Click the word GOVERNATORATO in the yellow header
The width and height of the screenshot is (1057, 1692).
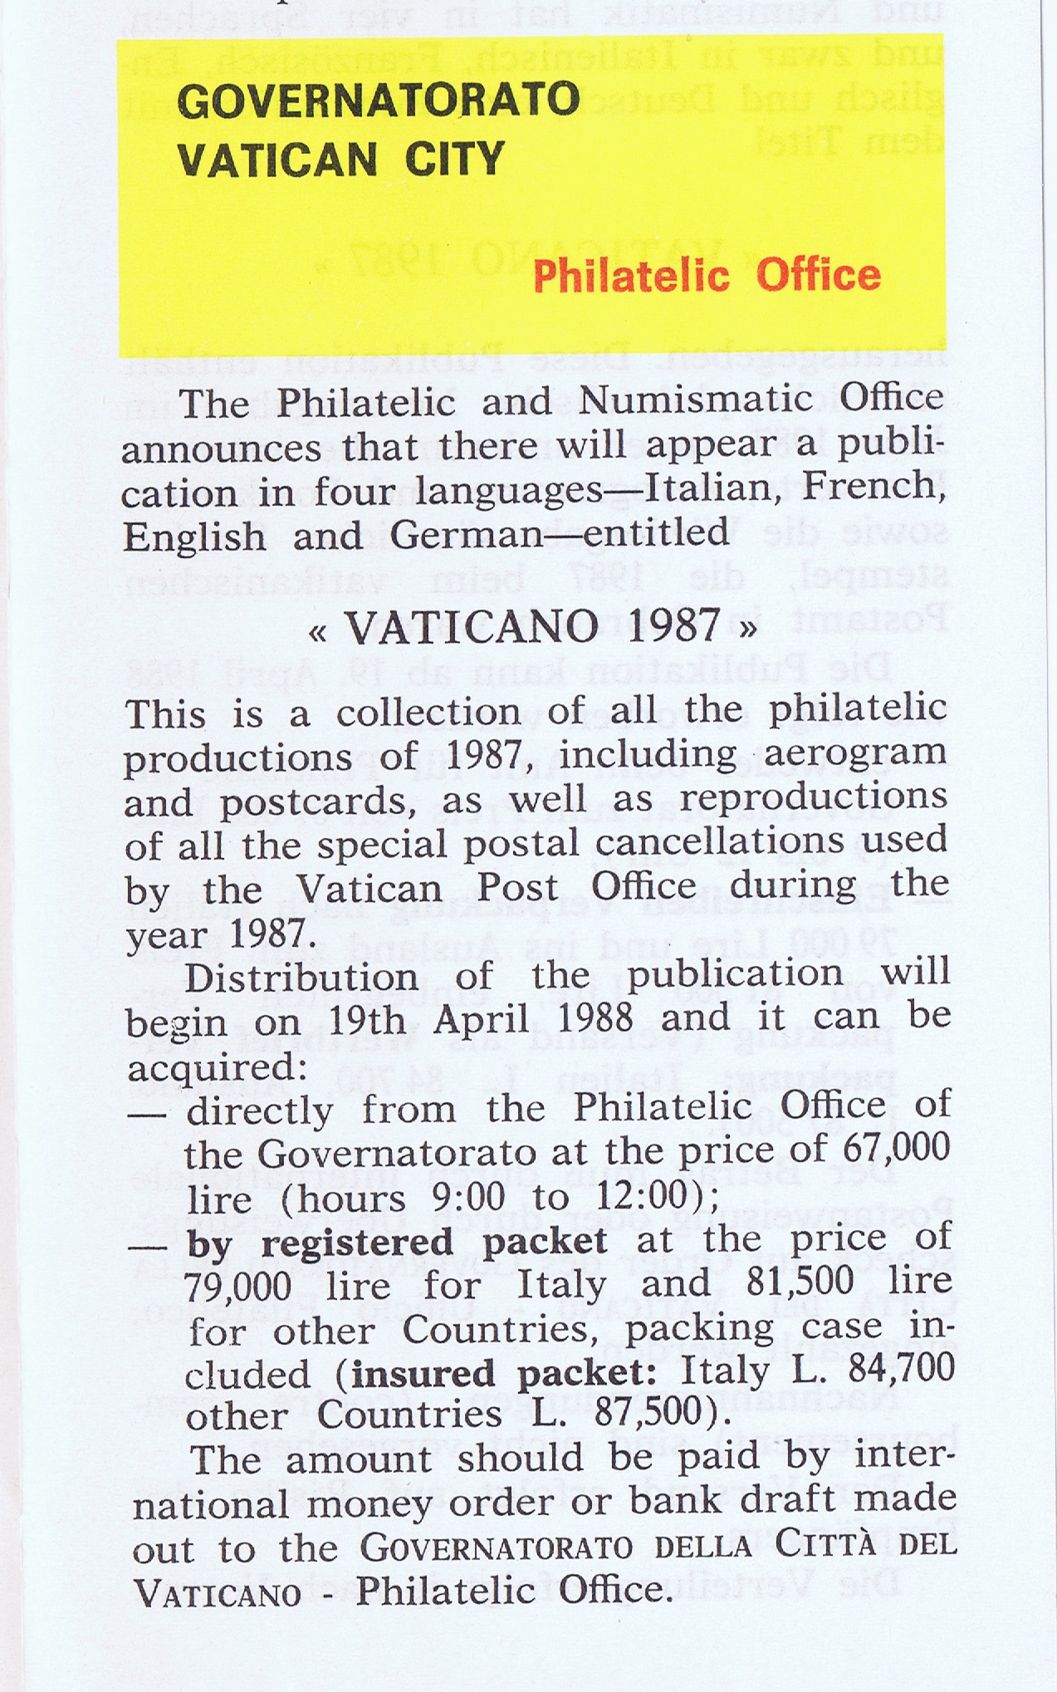click(378, 102)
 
